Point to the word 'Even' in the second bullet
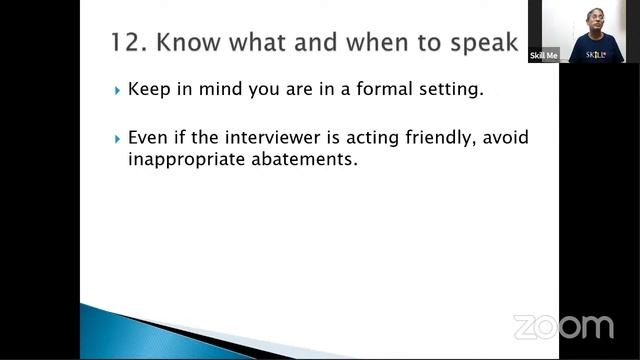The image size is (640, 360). pos(148,137)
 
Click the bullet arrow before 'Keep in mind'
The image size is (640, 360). pos(118,90)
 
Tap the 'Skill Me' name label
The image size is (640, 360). pos(544,56)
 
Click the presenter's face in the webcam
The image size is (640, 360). pos(598,20)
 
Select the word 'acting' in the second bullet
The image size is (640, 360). pos(361,138)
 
